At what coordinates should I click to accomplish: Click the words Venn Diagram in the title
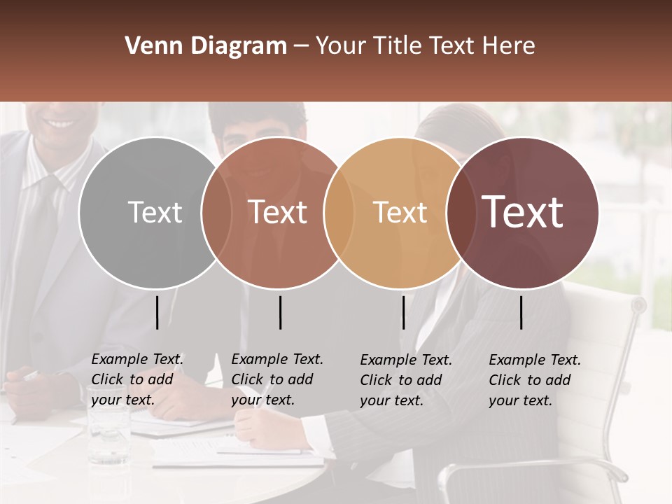click(205, 46)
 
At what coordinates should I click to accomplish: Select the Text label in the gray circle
click(155, 212)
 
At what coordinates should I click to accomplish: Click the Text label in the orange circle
click(400, 212)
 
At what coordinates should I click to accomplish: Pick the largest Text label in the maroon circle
click(522, 211)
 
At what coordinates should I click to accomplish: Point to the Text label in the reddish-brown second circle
click(277, 212)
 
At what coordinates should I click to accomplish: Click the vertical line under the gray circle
click(157, 312)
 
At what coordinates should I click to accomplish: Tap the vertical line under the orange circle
click(403, 312)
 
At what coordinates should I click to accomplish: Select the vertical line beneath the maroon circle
click(521, 312)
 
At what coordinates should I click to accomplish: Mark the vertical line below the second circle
click(280, 312)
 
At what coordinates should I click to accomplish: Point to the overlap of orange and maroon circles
click(459, 212)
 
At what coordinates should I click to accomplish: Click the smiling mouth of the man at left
click(61, 124)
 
